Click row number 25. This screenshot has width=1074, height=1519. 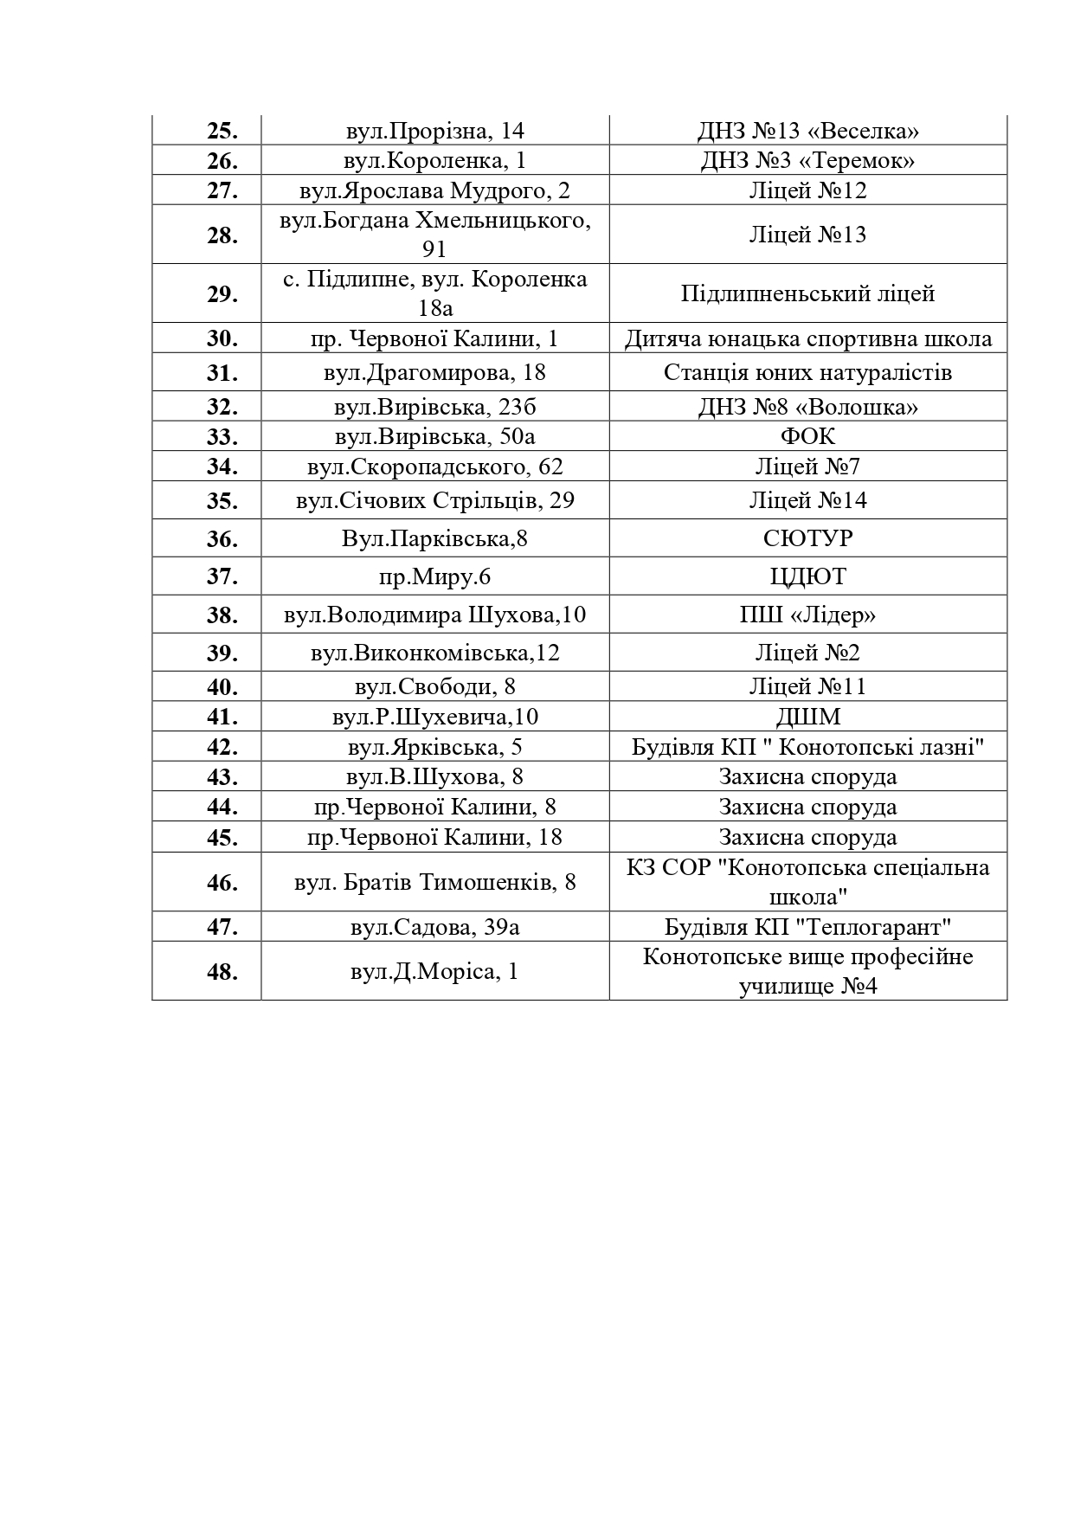tap(222, 131)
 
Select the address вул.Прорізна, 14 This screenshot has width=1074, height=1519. tap(434, 131)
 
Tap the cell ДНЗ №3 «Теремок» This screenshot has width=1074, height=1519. tap(807, 161)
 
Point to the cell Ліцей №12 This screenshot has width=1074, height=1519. tap(807, 190)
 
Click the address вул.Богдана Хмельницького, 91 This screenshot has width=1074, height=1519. tap(434, 235)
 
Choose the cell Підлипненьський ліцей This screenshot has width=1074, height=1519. tap(807, 293)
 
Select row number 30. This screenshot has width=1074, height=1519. tap(222, 338)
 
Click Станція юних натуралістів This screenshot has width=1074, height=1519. tap(807, 372)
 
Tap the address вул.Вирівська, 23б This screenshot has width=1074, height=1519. tap(434, 407)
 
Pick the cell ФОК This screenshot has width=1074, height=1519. tap(807, 436)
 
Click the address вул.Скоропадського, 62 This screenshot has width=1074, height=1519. tap(434, 467)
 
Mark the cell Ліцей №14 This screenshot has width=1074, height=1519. tap(807, 500)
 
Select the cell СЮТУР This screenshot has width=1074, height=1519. tap(807, 538)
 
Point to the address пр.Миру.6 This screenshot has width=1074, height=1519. tap(434, 576)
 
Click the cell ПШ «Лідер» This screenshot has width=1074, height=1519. tap(807, 615)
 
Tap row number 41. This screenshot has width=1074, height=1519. tap(222, 717)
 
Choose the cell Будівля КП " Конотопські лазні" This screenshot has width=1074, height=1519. tap(807, 747)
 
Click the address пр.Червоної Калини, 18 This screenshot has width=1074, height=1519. tap(434, 837)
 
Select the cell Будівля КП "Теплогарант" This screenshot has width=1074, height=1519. tap(807, 927)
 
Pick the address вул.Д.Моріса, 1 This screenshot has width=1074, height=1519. tap(434, 971)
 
